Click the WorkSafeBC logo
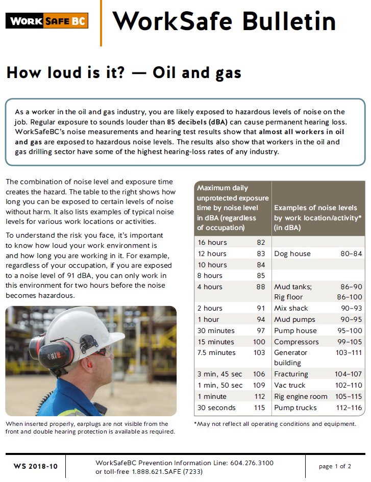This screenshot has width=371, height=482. coord(47,21)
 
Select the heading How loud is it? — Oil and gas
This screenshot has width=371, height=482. coord(123,73)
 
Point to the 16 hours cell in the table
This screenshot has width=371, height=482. coord(212,242)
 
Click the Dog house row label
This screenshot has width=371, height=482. coord(292,253)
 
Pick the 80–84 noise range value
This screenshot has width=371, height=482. coord(351,253)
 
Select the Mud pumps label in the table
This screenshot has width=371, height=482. coord(294,319)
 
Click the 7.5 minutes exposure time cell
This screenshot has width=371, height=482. coord(216,352)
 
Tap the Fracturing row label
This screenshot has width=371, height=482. coord(291,374)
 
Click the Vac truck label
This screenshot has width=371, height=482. coord(289,385)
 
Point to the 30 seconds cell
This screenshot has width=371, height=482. coord(216,408)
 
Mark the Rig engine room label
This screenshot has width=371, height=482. coord(301,396)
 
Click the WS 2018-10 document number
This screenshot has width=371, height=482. coord(36,467)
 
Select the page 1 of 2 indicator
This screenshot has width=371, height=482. coord(335,466)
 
